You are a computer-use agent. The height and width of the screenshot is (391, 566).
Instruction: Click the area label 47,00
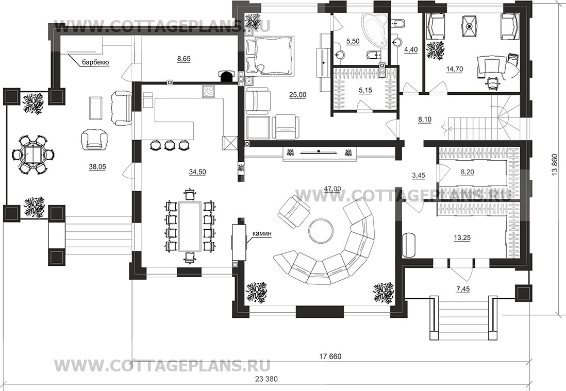click(332, 189)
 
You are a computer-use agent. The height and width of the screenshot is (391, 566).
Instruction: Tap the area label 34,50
click(197, 172)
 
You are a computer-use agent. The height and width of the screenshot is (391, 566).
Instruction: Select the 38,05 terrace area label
click(97, 166)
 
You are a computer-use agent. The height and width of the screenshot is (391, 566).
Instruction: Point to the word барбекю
click(96, 62)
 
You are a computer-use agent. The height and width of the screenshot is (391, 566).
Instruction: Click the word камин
click(262, 234)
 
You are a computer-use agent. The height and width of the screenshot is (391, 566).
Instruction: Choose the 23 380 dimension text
click(267, 379)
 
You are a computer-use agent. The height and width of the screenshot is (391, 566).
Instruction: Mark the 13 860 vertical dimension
click(555, 165)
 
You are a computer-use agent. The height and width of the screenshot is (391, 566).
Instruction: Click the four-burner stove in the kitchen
click(209, 91)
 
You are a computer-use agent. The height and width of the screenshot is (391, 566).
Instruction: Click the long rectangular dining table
click(190, 226)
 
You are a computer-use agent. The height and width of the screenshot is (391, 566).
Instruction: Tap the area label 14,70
click(455, 69)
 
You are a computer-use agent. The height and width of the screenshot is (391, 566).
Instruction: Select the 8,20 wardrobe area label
click(468, 172)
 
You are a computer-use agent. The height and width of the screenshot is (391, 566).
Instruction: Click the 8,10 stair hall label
click(425, 120)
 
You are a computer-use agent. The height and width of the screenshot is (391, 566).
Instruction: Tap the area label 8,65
click(184, 59)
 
